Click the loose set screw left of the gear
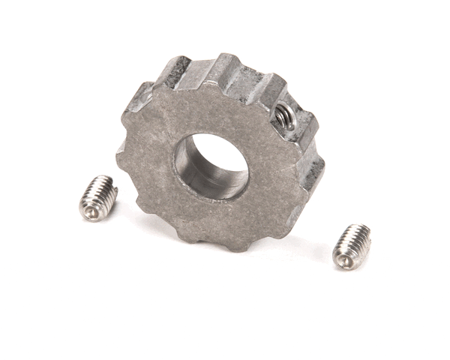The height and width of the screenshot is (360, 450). click(97, 198)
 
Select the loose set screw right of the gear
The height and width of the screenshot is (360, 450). click(351, 245)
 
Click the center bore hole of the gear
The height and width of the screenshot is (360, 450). click(211, 167)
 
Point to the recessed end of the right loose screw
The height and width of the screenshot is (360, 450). click(343, 260)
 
